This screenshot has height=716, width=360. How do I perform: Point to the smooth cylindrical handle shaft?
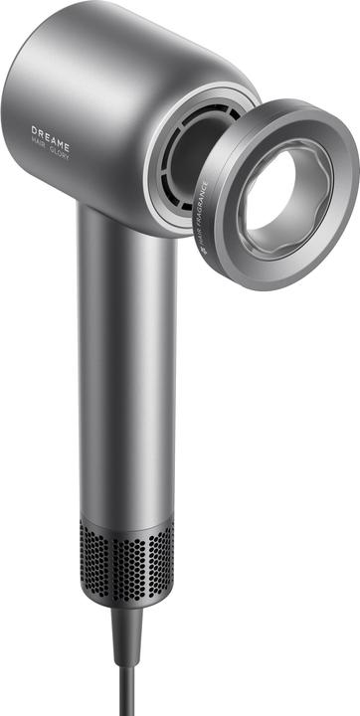pos(125,378)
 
